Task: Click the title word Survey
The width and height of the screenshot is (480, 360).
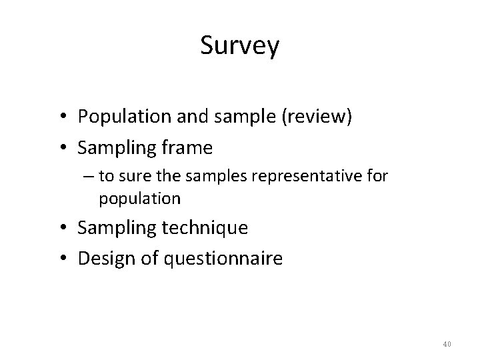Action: point(240,46)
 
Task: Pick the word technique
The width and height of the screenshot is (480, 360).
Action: point(205,228)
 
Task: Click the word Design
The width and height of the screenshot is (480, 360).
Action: point(103,258)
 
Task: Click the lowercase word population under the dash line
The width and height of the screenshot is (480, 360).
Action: point(139,199)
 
